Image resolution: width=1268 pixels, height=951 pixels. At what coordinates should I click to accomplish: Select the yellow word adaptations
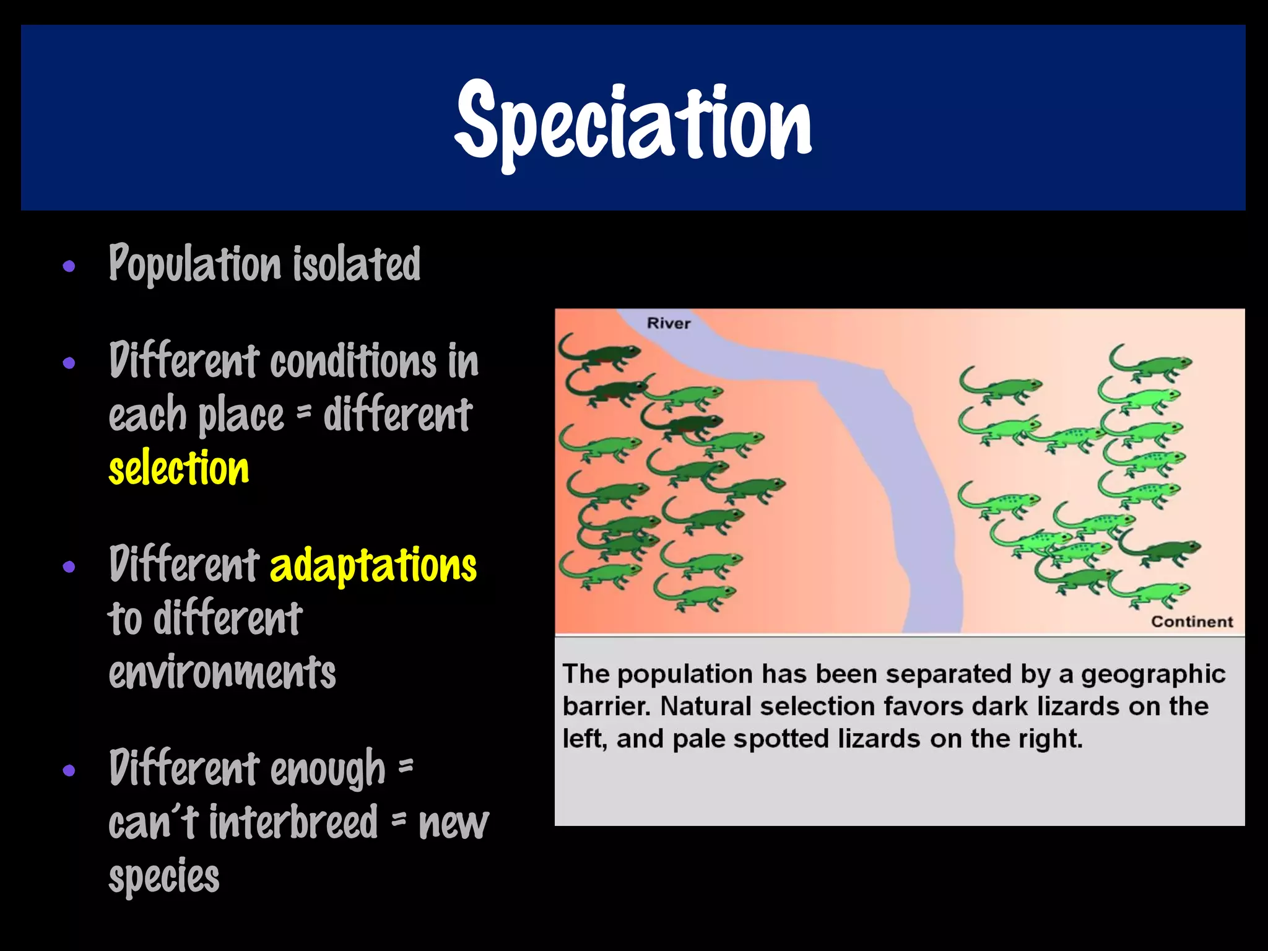[x=373, y=565]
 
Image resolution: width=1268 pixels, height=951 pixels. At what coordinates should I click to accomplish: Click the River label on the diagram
[x=668, y=323]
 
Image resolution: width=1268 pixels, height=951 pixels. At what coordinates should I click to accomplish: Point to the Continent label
[x=1192, y=622]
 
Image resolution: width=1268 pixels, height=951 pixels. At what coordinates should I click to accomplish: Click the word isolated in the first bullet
[x=357, y=264]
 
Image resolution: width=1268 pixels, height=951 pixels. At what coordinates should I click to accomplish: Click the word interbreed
[x=293, y=822]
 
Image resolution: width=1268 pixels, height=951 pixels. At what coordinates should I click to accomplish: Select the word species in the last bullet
[x=164, y=876]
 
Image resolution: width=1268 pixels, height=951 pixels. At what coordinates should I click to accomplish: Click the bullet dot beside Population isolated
[x=69, y=267]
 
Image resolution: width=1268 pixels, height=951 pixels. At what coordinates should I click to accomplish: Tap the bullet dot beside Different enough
[x=69, y=771]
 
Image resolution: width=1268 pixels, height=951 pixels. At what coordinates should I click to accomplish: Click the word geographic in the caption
[x=1153, y=674]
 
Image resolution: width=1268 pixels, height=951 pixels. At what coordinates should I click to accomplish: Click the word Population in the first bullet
[x=195, y=264]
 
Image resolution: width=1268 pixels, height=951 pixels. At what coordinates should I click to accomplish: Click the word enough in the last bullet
[x=328, y=768]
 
